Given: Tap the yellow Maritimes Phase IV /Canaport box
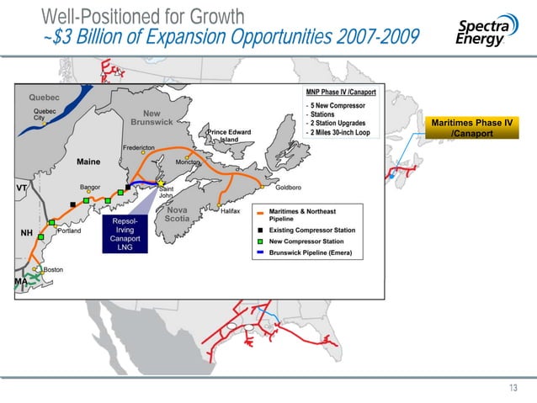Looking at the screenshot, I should coord(471,129).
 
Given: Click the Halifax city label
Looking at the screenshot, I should coord(231,211).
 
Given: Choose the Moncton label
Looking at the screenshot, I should coord(188,162).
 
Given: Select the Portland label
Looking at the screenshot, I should coord(69,231).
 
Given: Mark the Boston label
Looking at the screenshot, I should coord(53,269).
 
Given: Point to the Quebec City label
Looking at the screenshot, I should coord(45,114).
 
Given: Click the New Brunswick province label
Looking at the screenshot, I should coord(152,119).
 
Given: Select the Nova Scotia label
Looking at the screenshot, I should coord(177,215).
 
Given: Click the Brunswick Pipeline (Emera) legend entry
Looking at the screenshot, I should coord(324,252).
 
